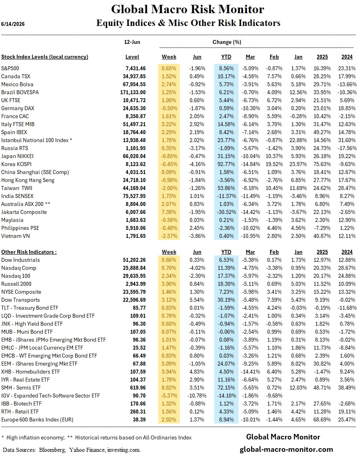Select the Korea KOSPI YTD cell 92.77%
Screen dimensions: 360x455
[x=226, y=164]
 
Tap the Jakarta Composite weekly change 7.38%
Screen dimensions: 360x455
[x=169, y=212]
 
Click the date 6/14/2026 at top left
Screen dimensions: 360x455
[x=13, y=24]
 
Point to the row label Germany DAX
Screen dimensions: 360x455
[x=18, y=108]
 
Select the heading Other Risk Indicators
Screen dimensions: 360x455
[x=29, y=252]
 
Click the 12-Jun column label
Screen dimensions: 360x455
[x=132, y=42]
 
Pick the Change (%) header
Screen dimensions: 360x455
[x=227, y=42]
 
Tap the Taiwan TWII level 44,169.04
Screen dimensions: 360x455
[x=134, y=188]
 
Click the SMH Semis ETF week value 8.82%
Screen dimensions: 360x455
[x=169, y=388]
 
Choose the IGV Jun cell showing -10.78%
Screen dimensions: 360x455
[x=197, y=396]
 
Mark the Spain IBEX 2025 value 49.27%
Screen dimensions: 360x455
[x=322, y=133]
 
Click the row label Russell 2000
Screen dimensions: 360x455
[x=16, y=284]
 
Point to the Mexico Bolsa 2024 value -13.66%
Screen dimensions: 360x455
[x=347, y=85]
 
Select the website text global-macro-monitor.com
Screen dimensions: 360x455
[x=286, y=450]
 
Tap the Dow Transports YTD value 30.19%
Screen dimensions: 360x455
[x=226, y=300]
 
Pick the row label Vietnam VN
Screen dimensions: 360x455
[x=16, y=236]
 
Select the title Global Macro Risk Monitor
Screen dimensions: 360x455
[x=188, y=9]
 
